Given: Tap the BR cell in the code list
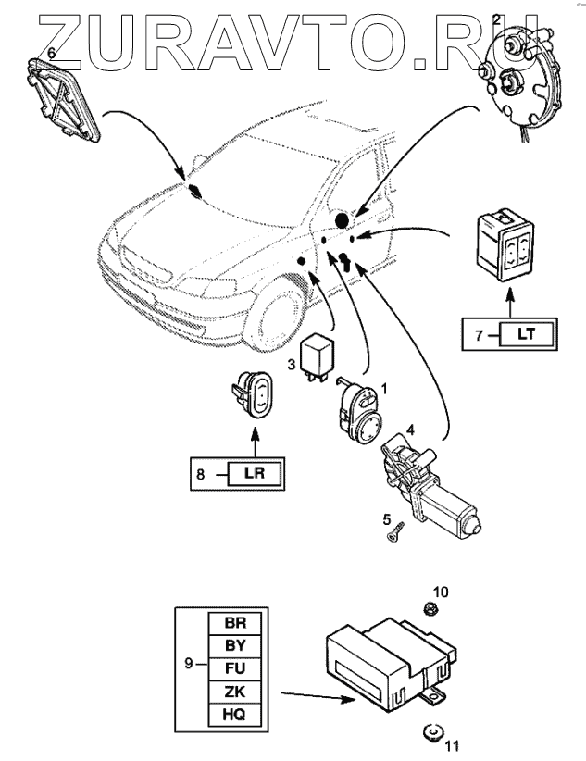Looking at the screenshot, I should (x=232, y=623).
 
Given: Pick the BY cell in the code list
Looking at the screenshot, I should (x=232, y=646).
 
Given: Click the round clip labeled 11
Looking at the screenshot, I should (x=430, y=731).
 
